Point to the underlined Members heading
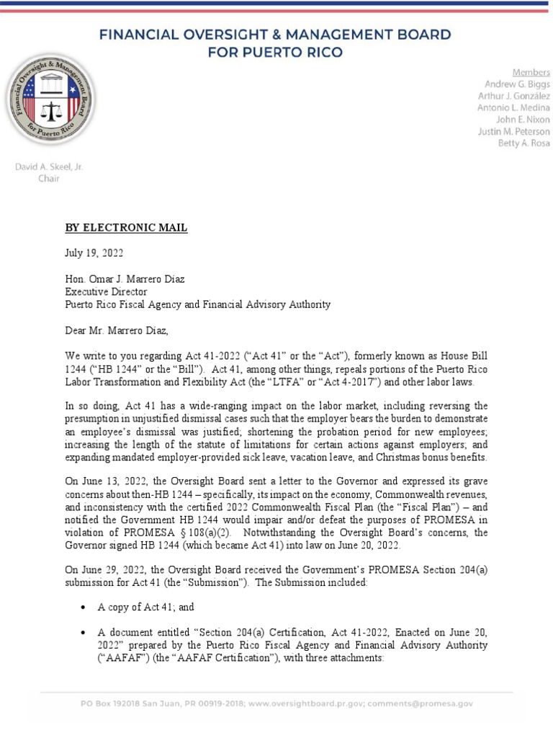point(531,72)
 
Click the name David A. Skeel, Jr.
point(49,166)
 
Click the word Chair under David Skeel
point(49,178)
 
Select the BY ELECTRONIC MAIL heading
point(126,228)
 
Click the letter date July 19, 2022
point(94,254)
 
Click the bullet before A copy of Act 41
point(85,608)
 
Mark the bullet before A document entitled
point(85,632)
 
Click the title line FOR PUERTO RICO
point(276,51)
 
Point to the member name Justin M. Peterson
point(513,132)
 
